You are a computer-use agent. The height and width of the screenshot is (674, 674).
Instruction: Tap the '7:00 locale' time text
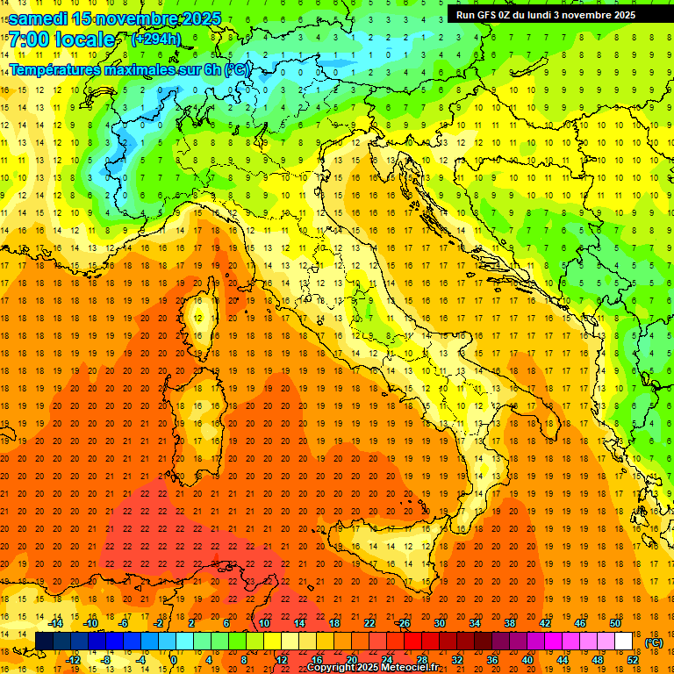[x=61, y=39]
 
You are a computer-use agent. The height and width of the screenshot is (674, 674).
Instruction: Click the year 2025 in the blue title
[x=201, y=18]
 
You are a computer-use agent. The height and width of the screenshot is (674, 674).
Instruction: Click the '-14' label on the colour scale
[x=56, y=623]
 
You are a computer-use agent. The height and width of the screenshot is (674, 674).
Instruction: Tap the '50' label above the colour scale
[x=614, y=623]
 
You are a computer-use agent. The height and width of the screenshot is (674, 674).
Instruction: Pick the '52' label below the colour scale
[x=632, y=659]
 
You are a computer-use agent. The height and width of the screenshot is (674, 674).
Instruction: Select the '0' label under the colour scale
[x=174, y=659]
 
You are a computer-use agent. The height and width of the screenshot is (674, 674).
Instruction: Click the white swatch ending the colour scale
[x=623, y=641]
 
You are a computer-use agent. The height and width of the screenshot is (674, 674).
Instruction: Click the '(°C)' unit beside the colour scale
[x=654, y=642]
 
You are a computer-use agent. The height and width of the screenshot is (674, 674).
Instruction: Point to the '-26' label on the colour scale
[x=403, y=623]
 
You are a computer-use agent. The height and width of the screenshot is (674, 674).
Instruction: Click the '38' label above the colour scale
[x=509, y=623]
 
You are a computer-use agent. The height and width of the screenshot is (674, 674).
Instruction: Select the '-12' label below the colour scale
[x=74, y=659]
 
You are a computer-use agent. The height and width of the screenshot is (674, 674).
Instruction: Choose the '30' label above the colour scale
[x=439, y=623]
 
